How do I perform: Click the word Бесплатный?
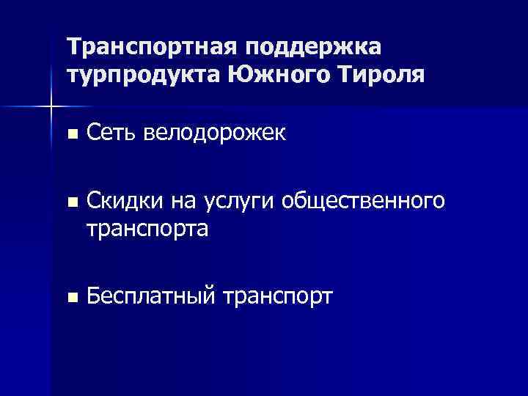point(151,296)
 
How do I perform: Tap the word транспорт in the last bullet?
point(277,297)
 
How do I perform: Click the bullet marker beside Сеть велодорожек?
point(70,134)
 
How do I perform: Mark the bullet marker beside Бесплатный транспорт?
point(70,297)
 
